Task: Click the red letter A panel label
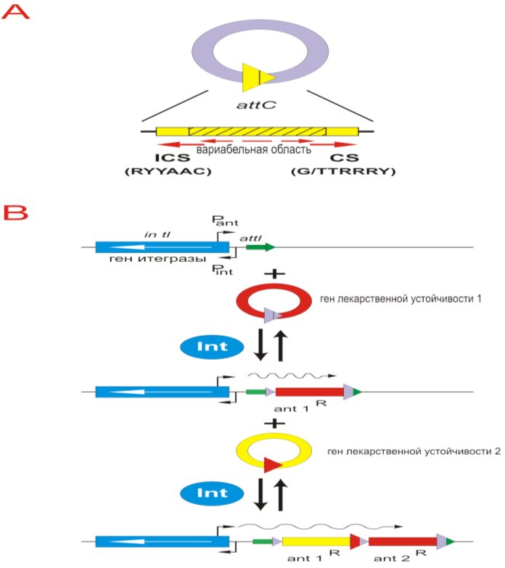tap(15, 12)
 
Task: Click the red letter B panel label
tap(15, 212)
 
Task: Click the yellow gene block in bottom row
tap(314, 541)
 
